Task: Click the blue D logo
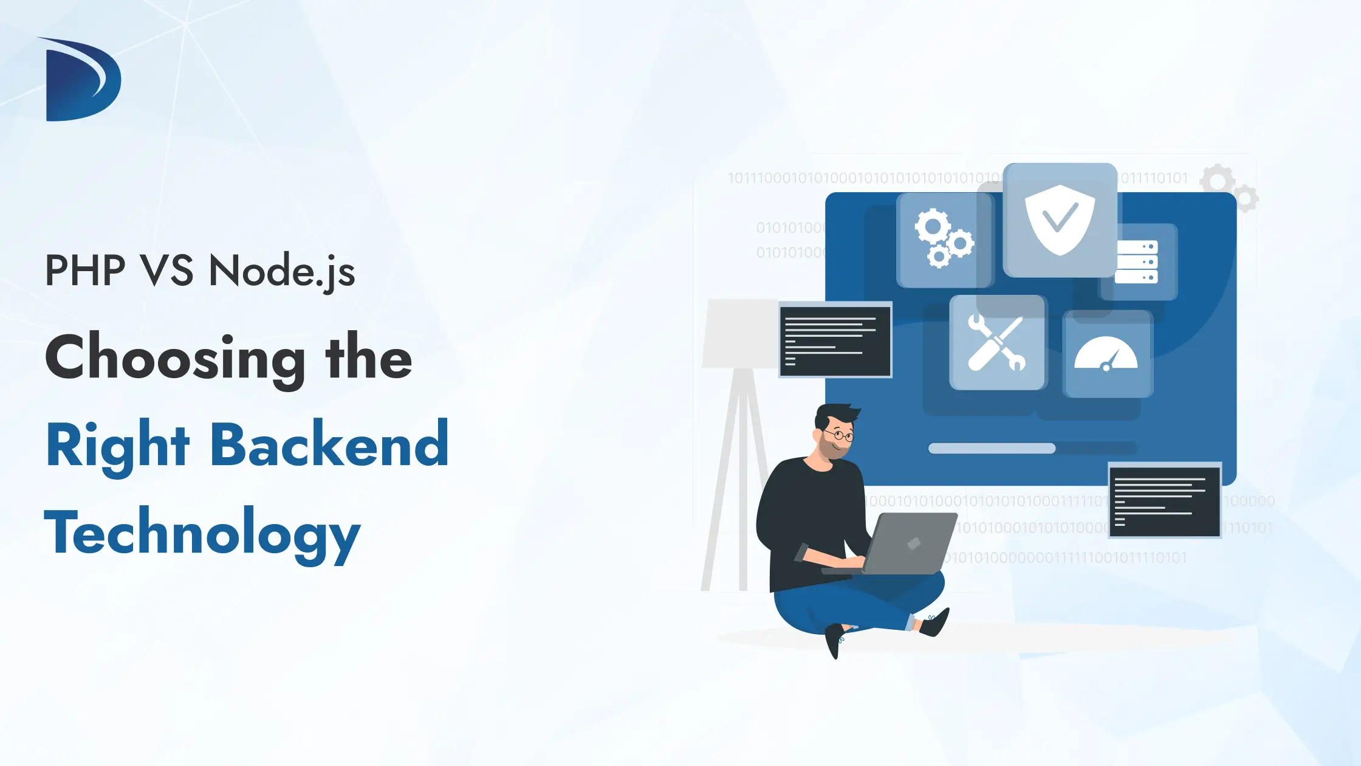(x=82, y=80)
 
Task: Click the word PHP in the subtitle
(x=85, y=271)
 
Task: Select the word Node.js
(x=281, y=271)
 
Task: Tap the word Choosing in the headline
(x=176, y=359)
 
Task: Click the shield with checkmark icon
(x=1060, y=220)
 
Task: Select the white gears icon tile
(x=944, y=239)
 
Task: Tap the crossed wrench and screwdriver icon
(x=997, y=343)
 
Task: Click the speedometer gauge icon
(x=1106, y=354)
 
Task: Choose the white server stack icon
(x=1137, y=262)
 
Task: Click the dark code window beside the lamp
(x=835, y=340)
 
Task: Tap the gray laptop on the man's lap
(x=908, y=543)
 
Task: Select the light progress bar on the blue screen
(x=992, y=449)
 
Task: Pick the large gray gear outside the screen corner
(x=1218, y=180)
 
